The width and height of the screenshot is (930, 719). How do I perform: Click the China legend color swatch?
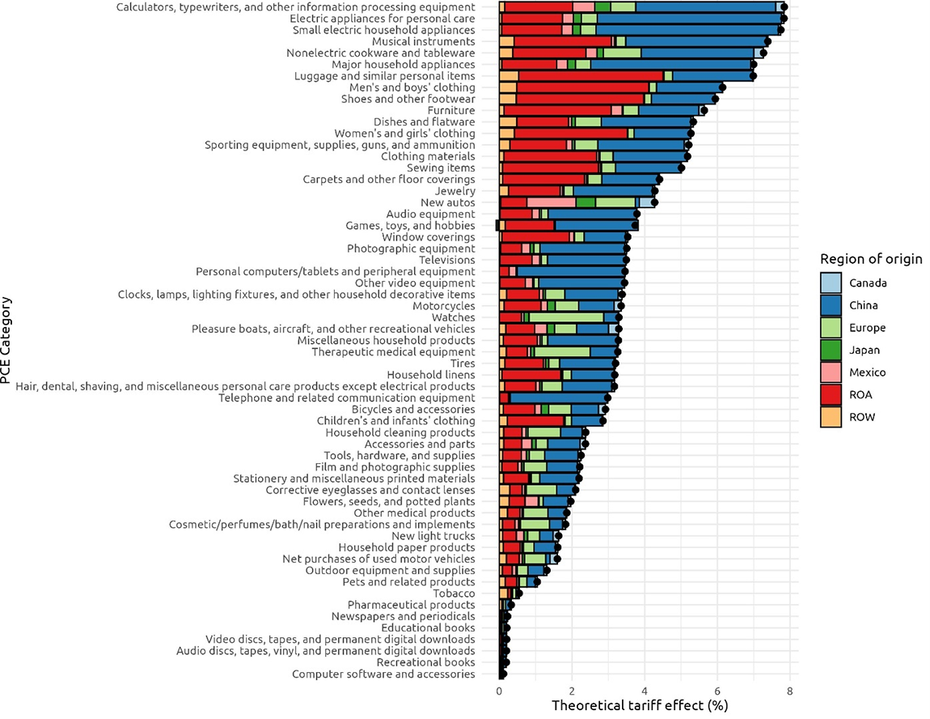[831, 305]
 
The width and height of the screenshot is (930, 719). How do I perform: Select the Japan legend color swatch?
[831, 350]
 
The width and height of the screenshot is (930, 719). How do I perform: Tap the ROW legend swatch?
[831, 417]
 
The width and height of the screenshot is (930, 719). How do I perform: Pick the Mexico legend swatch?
[831, 372]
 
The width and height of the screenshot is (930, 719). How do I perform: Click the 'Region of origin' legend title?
[871, 259]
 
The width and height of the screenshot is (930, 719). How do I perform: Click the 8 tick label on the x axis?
[789, 691]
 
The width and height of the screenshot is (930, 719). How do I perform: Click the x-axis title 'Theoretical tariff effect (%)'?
[640, 705]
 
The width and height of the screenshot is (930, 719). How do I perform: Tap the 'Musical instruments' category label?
[423, 41]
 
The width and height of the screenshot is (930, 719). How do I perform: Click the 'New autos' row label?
[447, 202]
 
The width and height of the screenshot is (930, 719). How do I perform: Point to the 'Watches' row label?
[454, 317]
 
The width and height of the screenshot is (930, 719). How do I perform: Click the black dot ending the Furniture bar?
[704, 110]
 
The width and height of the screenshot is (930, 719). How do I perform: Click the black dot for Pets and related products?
[537, 582]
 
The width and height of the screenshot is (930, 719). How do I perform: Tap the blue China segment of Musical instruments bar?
[695, 41]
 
